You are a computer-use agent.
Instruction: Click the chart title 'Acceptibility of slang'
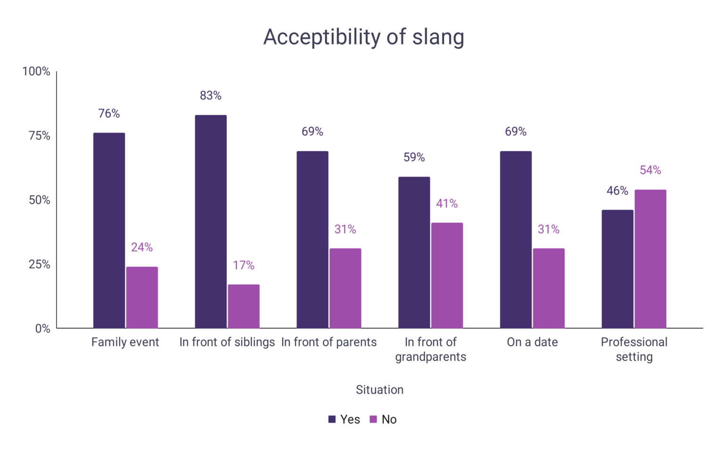363,37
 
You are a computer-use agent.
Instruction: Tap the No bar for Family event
142,297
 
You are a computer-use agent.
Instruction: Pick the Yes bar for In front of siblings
211,221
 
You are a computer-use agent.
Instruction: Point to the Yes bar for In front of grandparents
414,253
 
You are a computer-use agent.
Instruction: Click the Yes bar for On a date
515,239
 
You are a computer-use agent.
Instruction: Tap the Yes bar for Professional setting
617,269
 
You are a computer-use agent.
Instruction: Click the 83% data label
211,95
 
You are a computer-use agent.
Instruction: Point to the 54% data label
650,170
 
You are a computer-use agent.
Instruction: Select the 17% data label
244,265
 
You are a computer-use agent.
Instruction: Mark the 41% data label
447,203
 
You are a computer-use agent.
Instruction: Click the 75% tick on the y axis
39,136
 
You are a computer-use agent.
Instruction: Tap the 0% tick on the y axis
42,329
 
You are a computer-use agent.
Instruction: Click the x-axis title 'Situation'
379,390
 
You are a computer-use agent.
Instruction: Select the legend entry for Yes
345,419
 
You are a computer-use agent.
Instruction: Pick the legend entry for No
383,419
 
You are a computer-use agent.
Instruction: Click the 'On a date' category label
532,342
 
